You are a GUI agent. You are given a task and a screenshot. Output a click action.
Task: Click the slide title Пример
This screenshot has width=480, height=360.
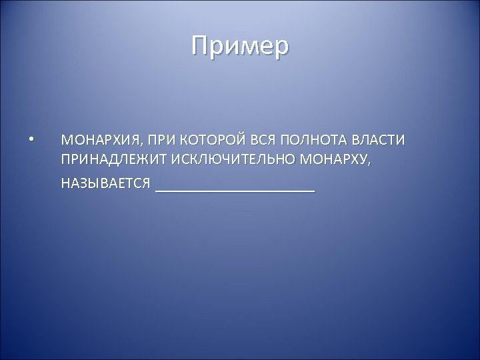click(x=240, y=47)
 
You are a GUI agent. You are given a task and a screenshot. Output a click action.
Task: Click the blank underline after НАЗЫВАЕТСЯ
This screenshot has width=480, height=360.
click(x=235, y=189)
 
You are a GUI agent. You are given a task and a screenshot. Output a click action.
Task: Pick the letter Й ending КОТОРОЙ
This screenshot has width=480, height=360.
click(x=244, y=140)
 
